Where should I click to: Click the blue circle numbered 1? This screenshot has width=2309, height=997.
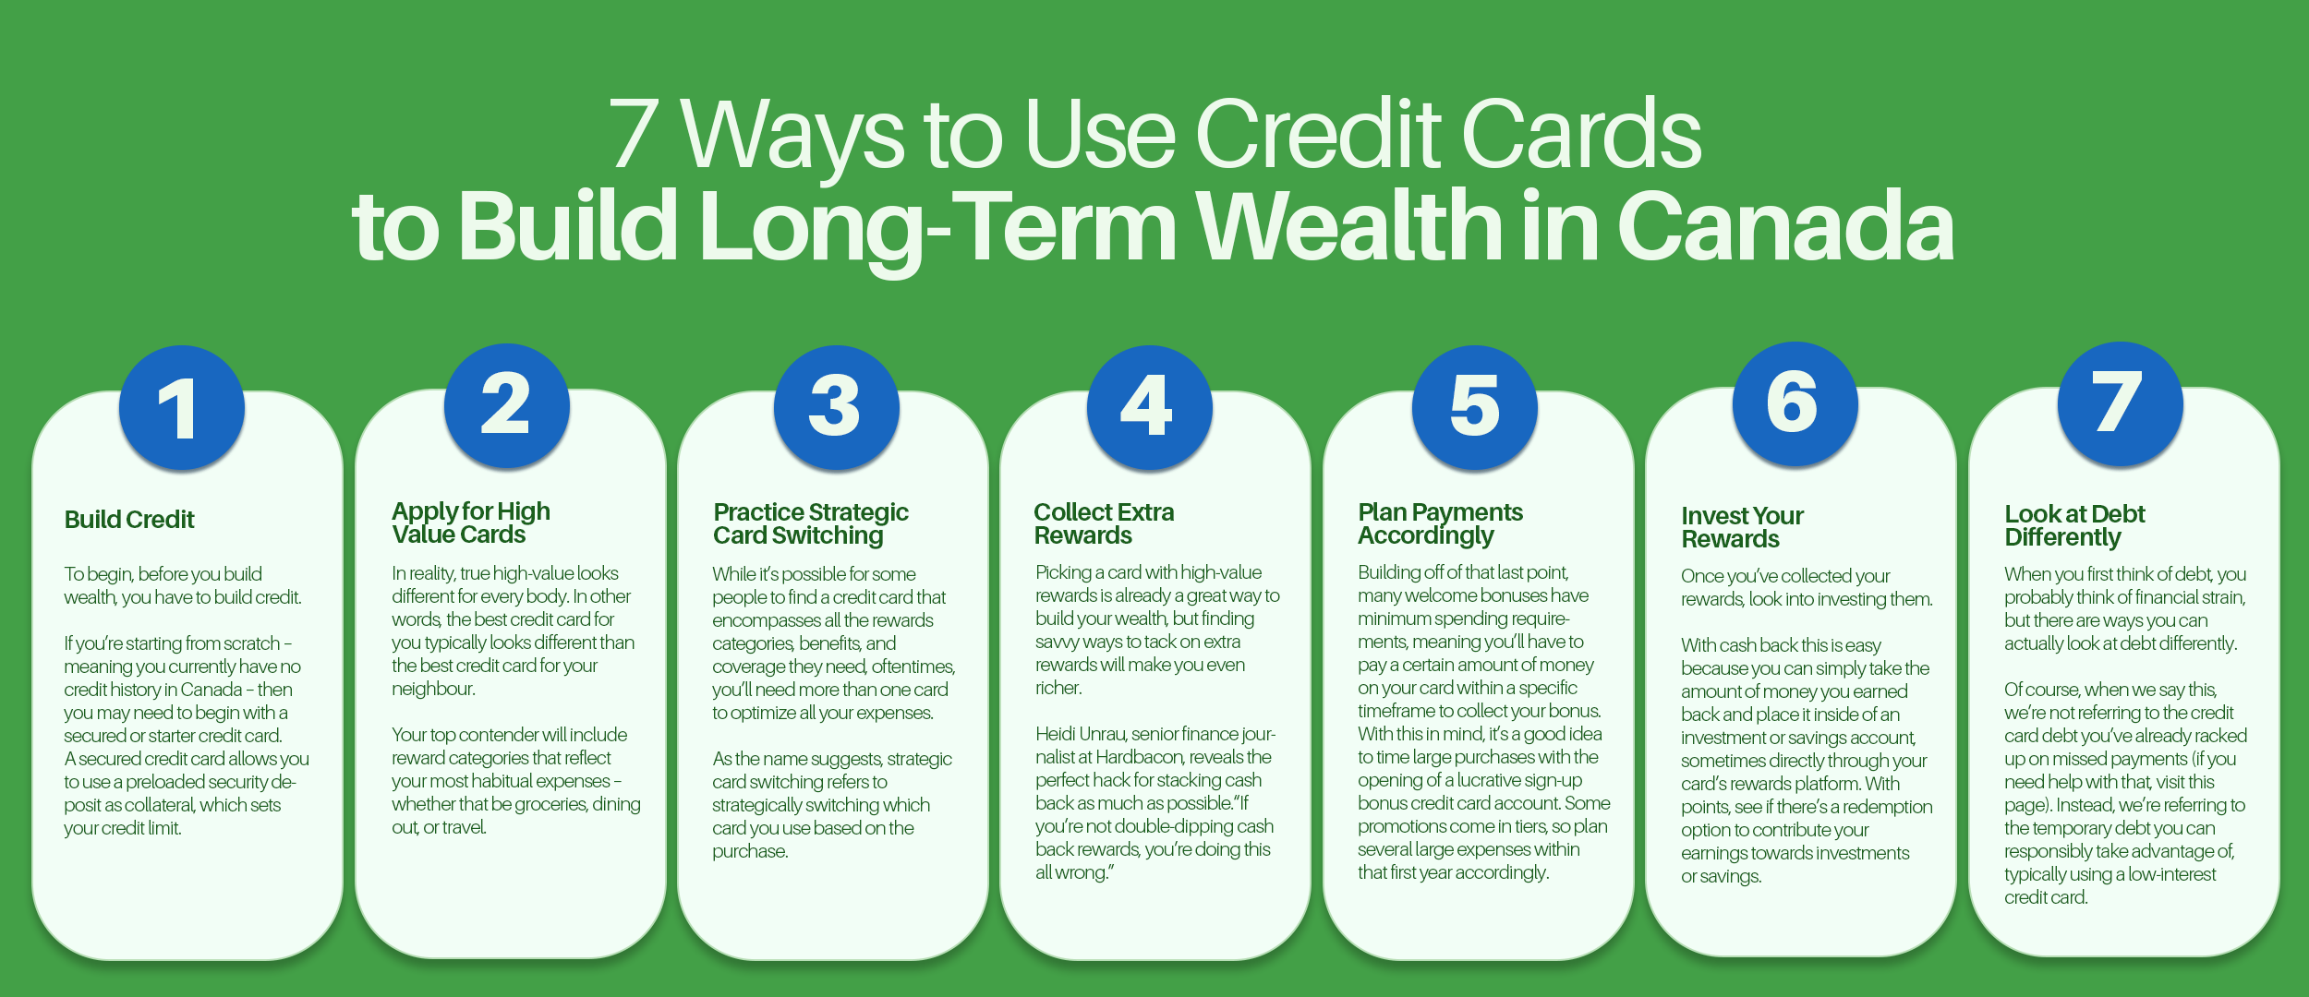pyautogui.click(x=181, y=408)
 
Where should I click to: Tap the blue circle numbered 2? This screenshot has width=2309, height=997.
pyautogui.click(x=506, y=405)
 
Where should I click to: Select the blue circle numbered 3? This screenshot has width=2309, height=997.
pyautogui.click(x=835, y=407)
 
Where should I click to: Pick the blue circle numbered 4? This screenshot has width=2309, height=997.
pyautogui.click(x=1148, y=407)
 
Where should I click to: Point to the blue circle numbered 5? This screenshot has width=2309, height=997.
pyautogui.click(x=1474, y=407)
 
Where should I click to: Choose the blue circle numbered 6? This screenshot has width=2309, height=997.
pyautogui.click(x=1794, y=403)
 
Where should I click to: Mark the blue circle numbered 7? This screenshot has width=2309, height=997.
pyautogui.click(x=2119, y=403)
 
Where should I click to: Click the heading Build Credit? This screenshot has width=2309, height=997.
pyautogui.click(x=129, y=520)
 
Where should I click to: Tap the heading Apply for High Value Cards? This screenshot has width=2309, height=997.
pyautogui.click(x=470, y=523)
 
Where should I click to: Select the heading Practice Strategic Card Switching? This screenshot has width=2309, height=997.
pyautogui.click(x=810, y=524)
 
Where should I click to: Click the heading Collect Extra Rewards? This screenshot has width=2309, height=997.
pyautogui.click(x=1103, y=524)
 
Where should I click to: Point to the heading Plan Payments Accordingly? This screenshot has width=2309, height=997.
pyautogui.click(x=1439, y=524)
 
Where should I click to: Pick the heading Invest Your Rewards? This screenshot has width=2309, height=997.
pyautogui.click(x=1741, y=528)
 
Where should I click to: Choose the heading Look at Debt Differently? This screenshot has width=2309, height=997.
pyautogui.click(x=2073, y=526)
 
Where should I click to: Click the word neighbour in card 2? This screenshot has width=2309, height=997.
pyautogui.click(x=432, y=690)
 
